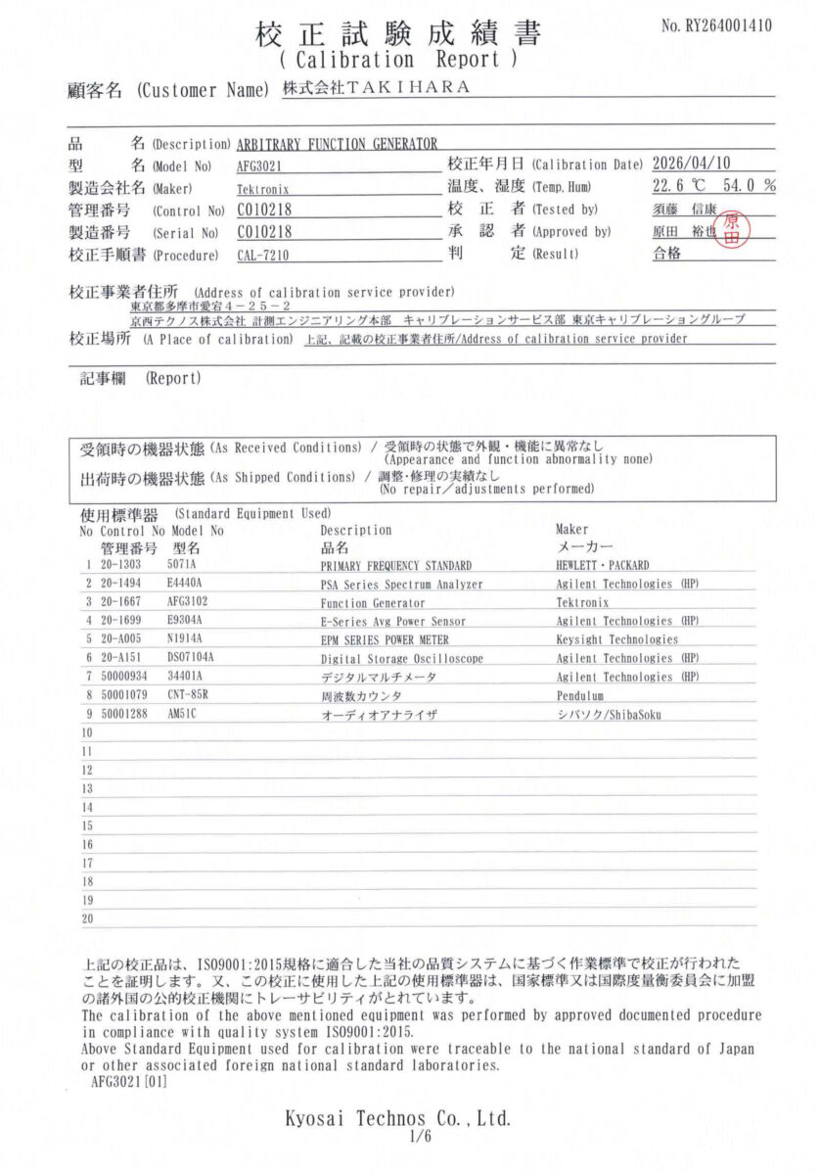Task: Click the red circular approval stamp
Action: tap(733, 231)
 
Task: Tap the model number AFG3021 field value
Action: tap(259, 165)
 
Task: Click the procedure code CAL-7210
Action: tap(263, 256)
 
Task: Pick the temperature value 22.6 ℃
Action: tap(678, 185)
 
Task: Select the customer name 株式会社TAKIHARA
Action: tap(376, 87)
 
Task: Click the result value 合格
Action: tap(666, 254)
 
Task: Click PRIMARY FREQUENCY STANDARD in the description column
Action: tap(395, 566)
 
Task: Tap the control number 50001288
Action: tap(127, 714)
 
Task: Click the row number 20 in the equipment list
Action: tap(87, 918)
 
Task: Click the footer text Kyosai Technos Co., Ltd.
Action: tap(397, 1118)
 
